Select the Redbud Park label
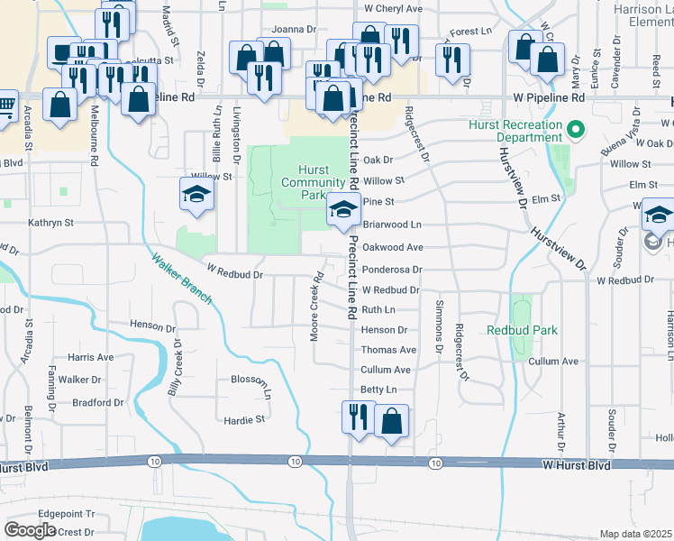point(522,331)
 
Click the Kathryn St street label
point(50,222)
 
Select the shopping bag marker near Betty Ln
point(392,421)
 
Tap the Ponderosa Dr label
point(392,270)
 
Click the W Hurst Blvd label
point(577,465)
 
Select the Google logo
point(30,529)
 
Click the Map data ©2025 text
point(635,534)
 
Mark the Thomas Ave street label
point(388,350)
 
